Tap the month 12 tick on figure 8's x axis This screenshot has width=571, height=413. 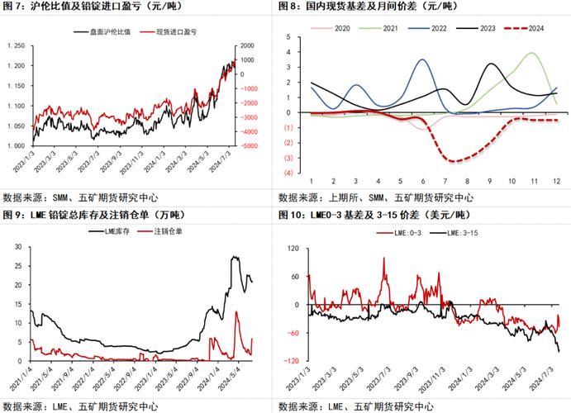[556, 180]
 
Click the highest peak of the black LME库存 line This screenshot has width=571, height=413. [235, 257]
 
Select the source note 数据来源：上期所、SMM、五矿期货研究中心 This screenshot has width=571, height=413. [376, 197]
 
